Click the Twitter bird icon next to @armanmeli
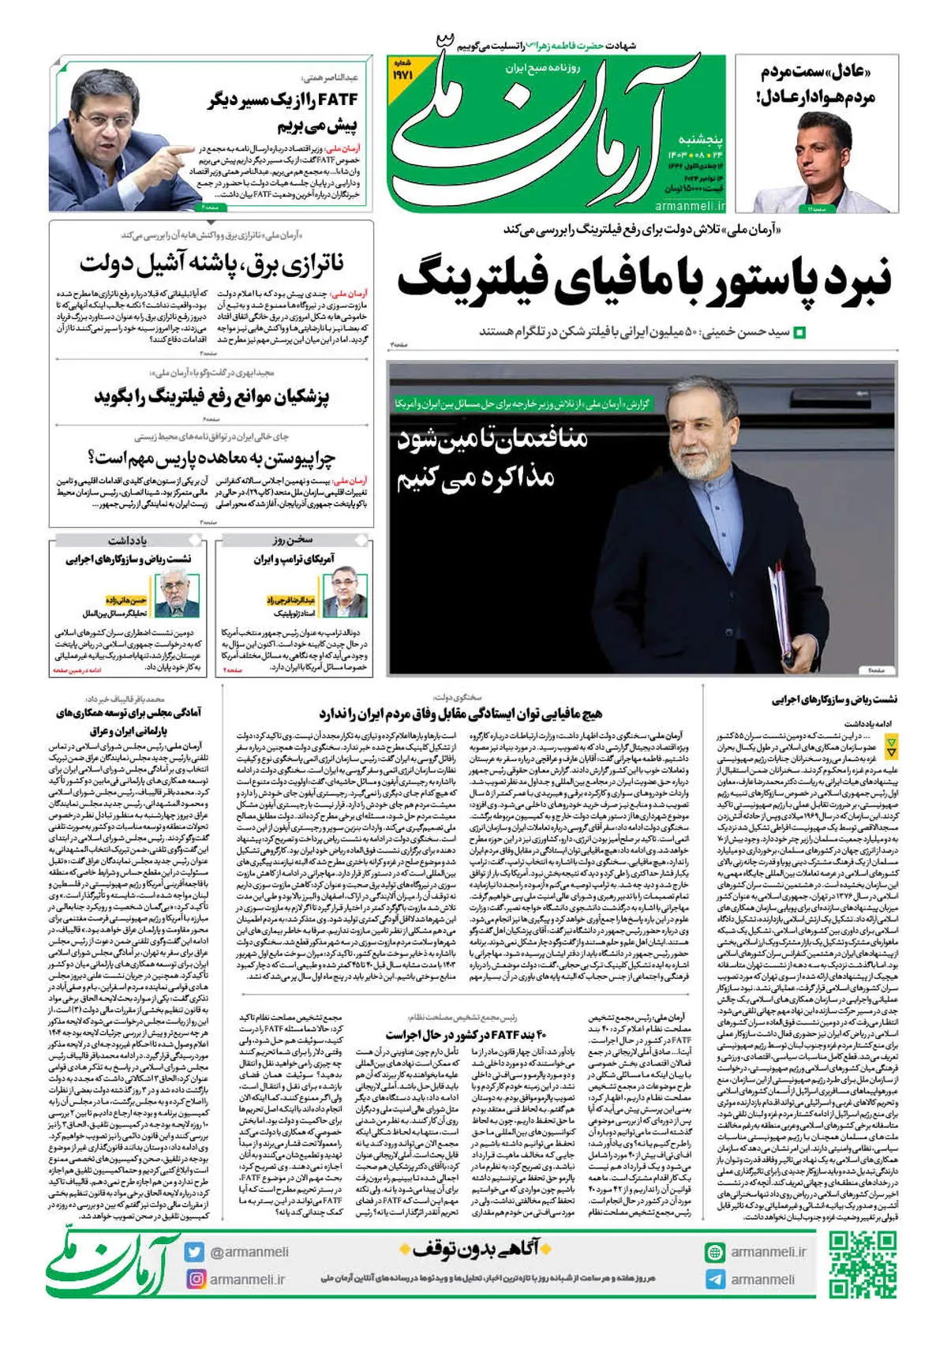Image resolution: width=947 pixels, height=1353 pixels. (x=195, y=1252)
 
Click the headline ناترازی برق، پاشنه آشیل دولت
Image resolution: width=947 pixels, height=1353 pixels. (x=211, y=264)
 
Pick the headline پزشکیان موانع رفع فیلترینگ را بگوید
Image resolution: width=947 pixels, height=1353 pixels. (x=211, y=395)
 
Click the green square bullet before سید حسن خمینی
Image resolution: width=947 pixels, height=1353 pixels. (x=800, y=332)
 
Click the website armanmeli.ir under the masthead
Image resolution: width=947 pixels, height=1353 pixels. (x=689, y=206)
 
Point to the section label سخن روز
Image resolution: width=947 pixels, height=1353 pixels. (x=294, y=541)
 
